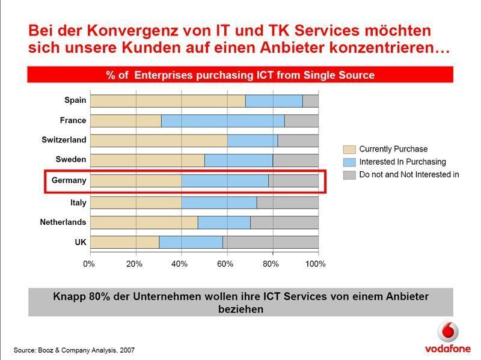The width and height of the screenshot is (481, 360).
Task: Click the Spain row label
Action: point(75,100)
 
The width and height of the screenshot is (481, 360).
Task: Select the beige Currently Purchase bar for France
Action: point(126,120)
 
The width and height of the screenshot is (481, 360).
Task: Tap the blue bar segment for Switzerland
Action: point(252,140)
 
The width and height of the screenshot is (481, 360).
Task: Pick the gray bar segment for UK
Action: point(270,242)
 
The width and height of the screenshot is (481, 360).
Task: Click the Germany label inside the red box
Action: point(69,180)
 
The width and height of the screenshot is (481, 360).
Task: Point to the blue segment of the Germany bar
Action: point(224,180)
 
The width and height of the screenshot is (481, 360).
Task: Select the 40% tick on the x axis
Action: point(180,264)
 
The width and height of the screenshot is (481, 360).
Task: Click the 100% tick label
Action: point(316,264)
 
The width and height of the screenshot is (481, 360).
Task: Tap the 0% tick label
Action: point(89,264)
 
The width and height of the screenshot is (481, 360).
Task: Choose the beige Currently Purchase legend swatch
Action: point(349,149)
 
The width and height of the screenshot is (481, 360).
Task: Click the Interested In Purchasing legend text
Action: point(402,162)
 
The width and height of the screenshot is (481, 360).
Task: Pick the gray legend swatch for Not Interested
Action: point(349,175)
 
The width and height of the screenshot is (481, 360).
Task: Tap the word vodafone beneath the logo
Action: point(447,348)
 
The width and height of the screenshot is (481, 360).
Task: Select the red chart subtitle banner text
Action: point(240,75)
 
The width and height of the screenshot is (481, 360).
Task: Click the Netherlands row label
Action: point(63,222)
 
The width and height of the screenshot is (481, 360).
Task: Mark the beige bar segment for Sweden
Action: point(147,160)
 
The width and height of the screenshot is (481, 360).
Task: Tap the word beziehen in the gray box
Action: point(240,310)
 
